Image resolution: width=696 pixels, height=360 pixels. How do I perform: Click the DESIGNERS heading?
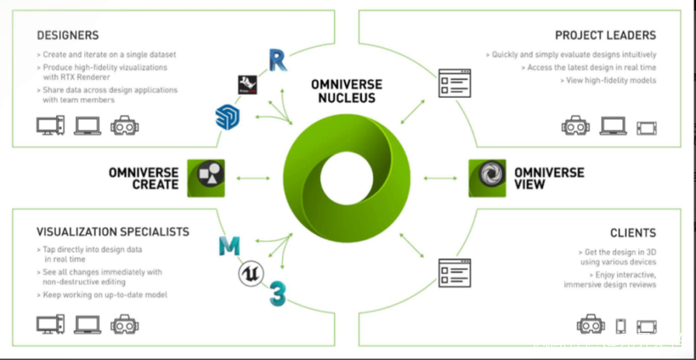[68, 35]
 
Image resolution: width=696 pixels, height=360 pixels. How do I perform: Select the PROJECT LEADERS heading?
[605, 35]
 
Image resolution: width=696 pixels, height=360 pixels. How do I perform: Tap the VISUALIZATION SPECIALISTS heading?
[113, 232]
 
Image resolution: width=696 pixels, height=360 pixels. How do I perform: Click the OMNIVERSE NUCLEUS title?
[347, 91]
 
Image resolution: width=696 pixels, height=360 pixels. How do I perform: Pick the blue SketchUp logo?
[228, 117]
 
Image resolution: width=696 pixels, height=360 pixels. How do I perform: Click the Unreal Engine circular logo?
[250, 273]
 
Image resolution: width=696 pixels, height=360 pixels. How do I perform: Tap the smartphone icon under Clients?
[620, 325]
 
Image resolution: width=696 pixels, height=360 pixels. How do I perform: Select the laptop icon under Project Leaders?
[613, 126]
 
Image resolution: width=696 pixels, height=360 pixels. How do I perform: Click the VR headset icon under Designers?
[125, 126]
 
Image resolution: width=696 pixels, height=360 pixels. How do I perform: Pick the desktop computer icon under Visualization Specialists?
[50, 324]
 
